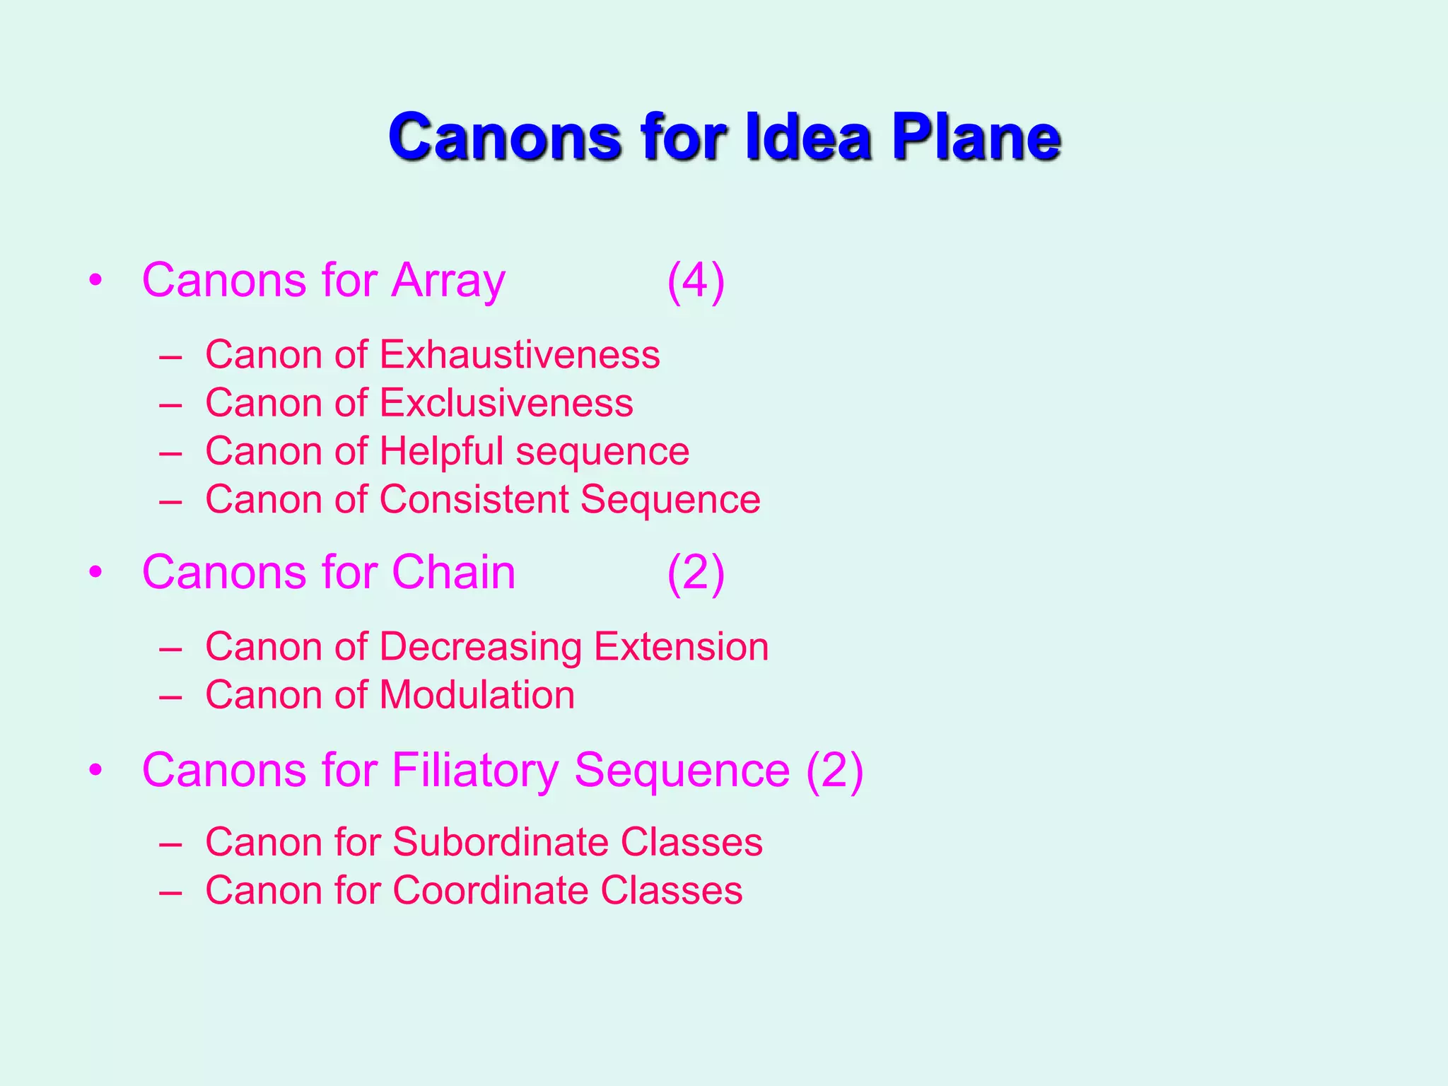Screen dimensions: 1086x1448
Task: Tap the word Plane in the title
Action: [x=976, y=136]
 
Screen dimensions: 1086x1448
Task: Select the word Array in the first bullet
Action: [x=448, y=281]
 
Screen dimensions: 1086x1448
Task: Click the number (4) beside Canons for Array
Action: [x=696, y=281]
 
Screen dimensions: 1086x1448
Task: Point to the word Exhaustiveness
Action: [x=520, y=354]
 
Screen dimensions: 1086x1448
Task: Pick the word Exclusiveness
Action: [x=506, y=403]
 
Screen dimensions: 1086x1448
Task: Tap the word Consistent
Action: [x=474, y=499]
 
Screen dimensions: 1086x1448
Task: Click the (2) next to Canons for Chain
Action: [x=696, y=573]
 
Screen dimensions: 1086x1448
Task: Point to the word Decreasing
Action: [x=480, y=647]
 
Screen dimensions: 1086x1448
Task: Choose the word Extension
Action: [x=681, y=646]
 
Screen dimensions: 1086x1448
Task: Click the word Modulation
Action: [x=477, y=695]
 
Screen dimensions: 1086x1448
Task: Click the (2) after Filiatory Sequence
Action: [x=835, y=771]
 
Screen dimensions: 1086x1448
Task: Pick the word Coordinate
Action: [x=489, y=890]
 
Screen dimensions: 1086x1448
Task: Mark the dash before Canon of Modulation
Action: [x=171, y=696]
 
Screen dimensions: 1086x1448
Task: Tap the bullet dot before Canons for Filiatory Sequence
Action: [x=96, y=769]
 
